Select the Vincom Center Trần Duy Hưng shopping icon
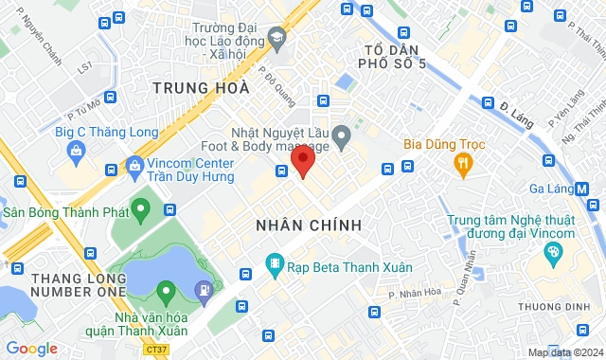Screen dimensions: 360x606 click(x=134, y=166)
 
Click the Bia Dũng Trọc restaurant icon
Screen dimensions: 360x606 click(x=463, y=166)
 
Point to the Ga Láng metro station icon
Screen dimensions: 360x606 click(x=582, y=189)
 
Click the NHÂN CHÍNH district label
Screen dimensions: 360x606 click(x=310, y=225)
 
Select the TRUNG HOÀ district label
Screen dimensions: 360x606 click(x=200, y=88)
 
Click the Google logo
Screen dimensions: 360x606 click(x=31, y=348)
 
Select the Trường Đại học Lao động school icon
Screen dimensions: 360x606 click(x=277, y=39)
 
